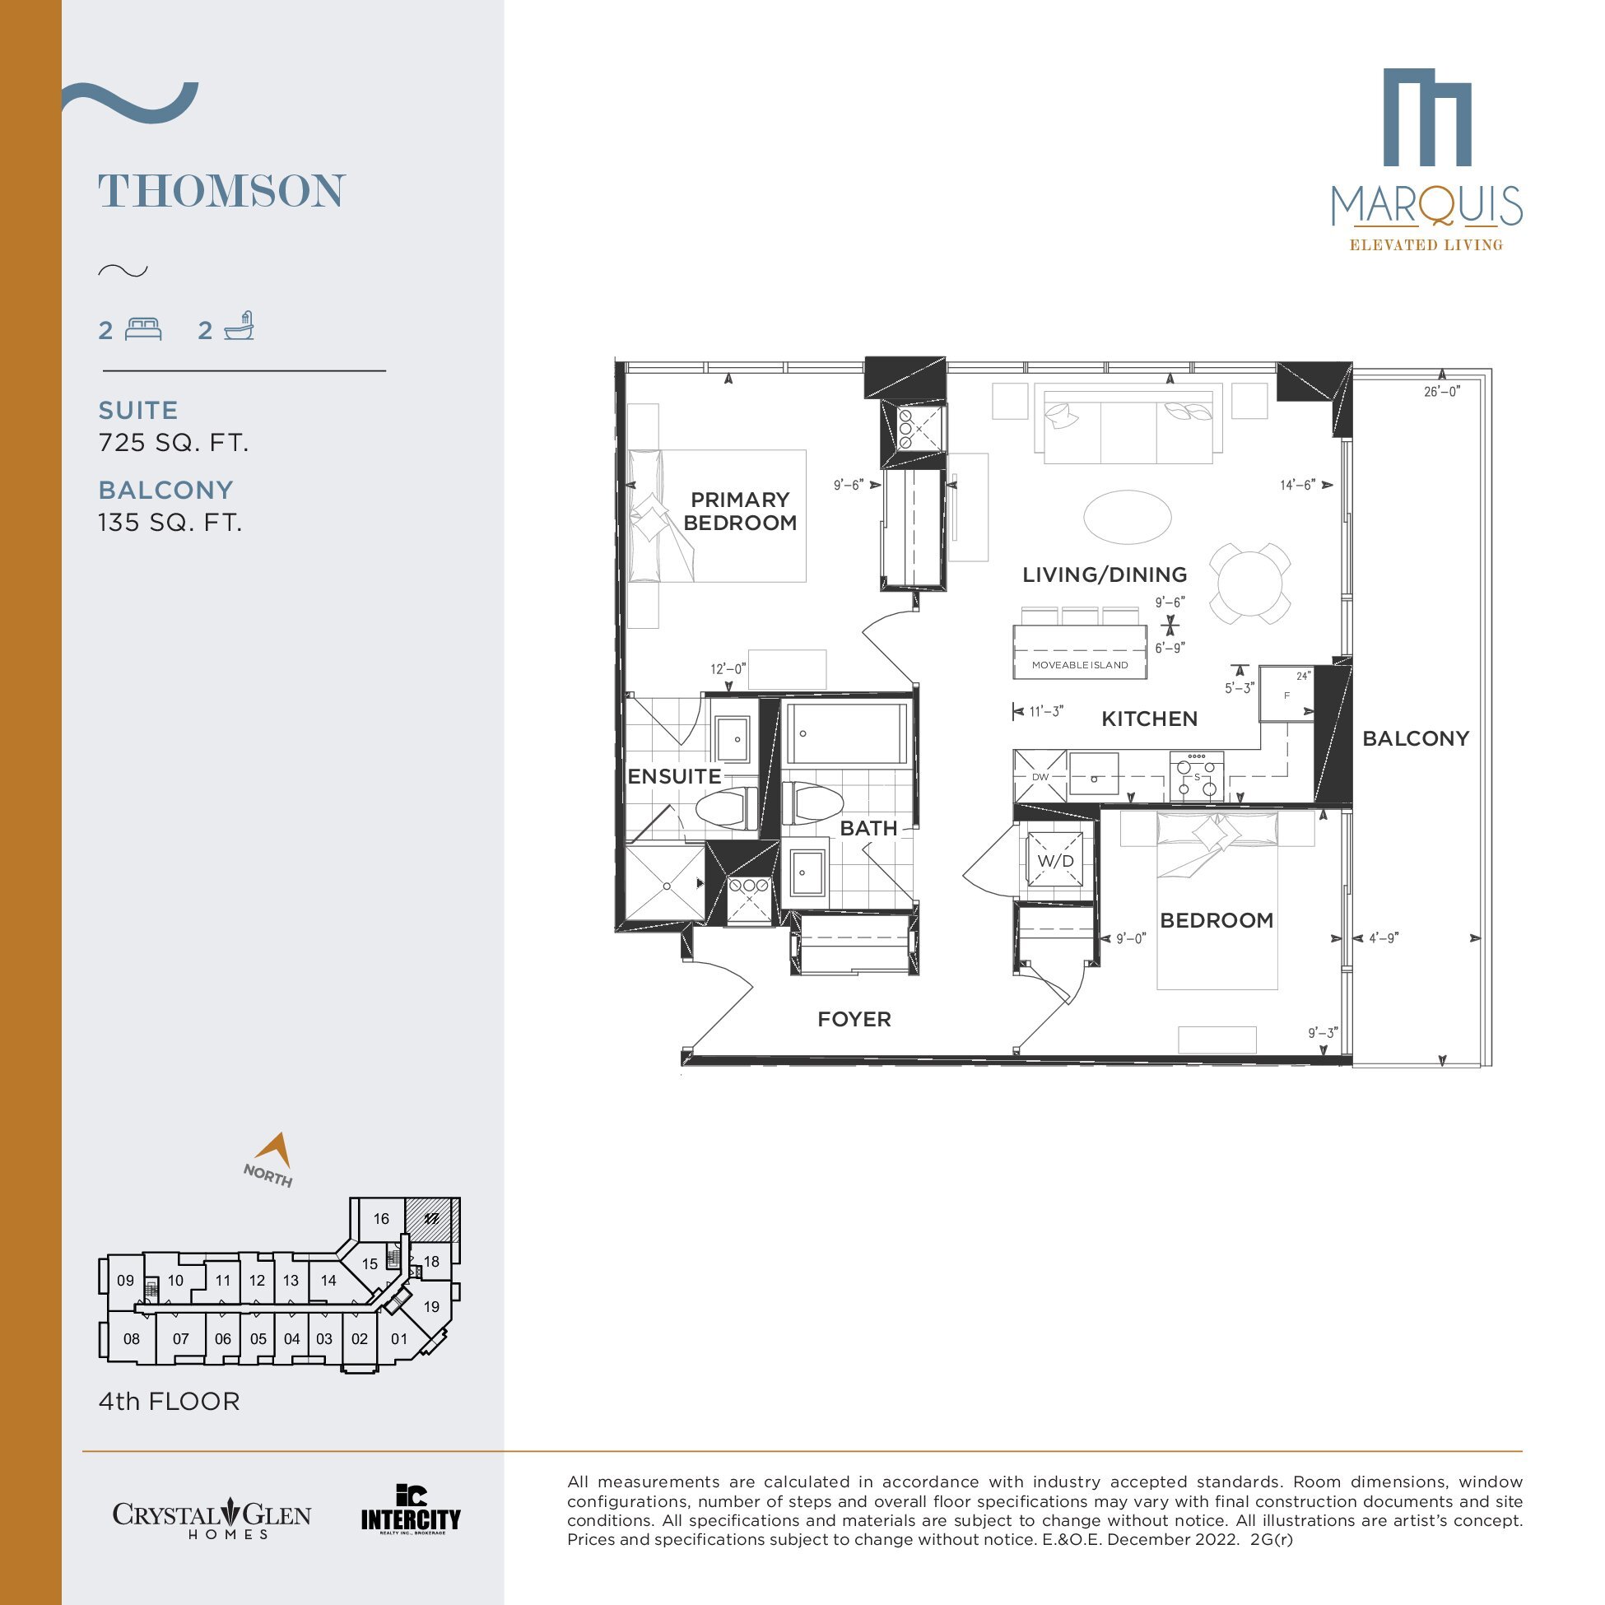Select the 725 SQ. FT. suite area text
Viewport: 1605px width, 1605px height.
pos(174,443)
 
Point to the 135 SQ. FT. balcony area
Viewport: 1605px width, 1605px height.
pos(170,523)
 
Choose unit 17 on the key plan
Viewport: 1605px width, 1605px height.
pos(431,1219)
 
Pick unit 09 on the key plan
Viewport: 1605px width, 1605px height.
pos(125,1280)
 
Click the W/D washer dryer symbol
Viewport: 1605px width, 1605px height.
pos(1055,861)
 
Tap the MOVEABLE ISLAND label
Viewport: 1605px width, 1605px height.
pos(1080,664)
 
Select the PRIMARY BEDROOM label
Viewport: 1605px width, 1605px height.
pos(740,511)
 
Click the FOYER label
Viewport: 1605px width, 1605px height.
pos(854,1019)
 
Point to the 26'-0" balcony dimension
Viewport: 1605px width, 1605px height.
pos(1441,391)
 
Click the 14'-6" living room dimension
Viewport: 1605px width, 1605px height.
pos(1298,485)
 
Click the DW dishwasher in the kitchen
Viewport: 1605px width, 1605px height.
pos(1040,776)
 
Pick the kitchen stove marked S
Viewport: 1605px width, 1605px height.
pos(1197,776)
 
